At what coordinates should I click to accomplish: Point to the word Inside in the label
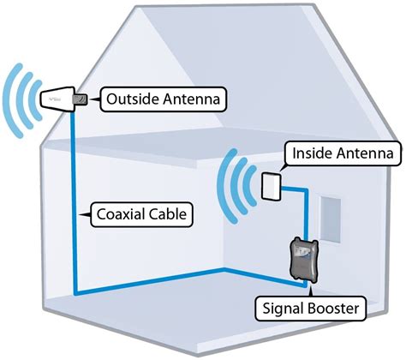tap(313, 154)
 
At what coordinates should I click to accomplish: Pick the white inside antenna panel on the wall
tap(270, 183)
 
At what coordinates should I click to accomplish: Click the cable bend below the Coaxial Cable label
tap(75, 294)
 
